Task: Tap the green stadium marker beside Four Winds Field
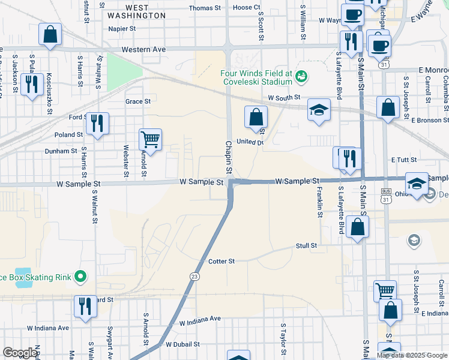(301, 75)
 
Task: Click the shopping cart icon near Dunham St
(150, 140)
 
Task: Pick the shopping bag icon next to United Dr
(256, 116)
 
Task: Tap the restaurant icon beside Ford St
(97, 124)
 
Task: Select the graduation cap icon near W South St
(319, 110)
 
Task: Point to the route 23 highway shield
(194, 276)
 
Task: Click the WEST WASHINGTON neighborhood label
(137, 11)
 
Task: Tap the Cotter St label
(221, 262)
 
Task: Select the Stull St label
(306, 246)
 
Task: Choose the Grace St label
(138, 101)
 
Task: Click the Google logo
(20, 353)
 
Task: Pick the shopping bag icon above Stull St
(357, 227)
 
